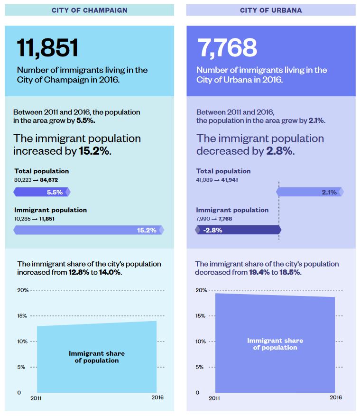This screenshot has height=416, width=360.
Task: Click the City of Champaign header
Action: coord(89,10)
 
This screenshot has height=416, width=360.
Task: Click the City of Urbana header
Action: coord(270,10)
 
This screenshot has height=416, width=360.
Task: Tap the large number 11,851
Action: coord(47,48)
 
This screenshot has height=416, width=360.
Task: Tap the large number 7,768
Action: coord(227,48)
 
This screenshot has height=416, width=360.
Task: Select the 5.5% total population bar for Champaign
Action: coord(42,192)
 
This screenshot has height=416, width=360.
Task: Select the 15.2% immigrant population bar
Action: coord(89,230)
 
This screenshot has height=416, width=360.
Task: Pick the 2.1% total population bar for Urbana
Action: coord(310,192)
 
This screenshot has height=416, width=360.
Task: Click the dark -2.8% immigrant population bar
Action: coord(238,230)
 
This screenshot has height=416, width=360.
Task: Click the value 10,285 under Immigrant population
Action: coord(22,219)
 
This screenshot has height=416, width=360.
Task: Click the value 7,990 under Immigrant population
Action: coord(203,219)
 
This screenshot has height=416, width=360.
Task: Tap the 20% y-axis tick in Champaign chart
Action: coord(23,290)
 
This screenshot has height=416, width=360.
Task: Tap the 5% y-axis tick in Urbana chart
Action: coord(201,367)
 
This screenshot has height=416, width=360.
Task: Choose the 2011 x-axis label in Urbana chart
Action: coord(214,398)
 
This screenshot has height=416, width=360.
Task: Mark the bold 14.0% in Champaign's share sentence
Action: coord(110,272)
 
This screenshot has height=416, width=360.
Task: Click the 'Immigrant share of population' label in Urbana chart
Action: coord(275,344)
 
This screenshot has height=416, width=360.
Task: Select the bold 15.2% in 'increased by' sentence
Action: coord(94,151)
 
